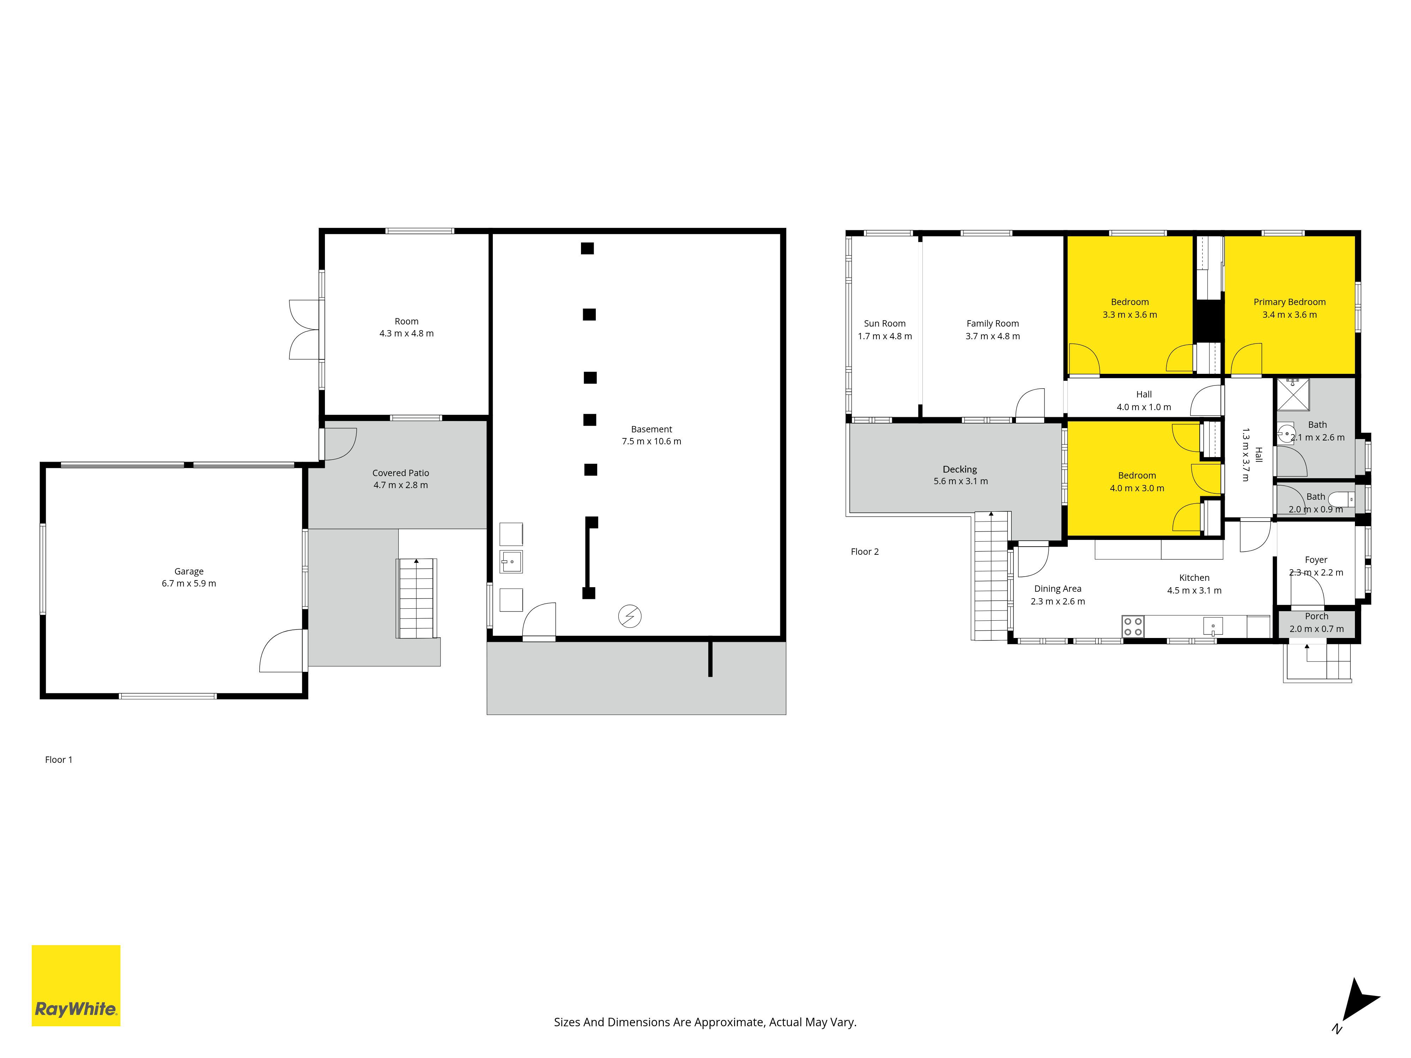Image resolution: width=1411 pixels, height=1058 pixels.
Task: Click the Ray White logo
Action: point(76,985)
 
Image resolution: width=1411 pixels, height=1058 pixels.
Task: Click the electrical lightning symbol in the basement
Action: point(630,616)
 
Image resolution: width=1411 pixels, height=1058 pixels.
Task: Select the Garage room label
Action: point(189,571)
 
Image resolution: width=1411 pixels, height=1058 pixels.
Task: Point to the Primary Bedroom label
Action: point(1289,302)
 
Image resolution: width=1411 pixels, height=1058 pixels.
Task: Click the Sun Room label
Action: point(885,323)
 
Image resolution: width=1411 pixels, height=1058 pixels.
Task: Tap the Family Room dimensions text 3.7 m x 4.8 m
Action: point(993,336)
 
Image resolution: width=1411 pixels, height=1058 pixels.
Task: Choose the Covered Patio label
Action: point(401,473)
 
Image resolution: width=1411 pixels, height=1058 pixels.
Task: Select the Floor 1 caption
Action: point(59,760)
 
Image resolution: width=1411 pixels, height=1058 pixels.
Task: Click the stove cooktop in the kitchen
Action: point(1133,626)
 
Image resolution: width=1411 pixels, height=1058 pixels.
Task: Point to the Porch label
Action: point(1316,616)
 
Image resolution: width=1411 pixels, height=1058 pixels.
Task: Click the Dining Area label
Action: point(1058,589)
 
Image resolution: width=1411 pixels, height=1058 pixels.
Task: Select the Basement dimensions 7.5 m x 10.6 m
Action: point(651,441)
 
